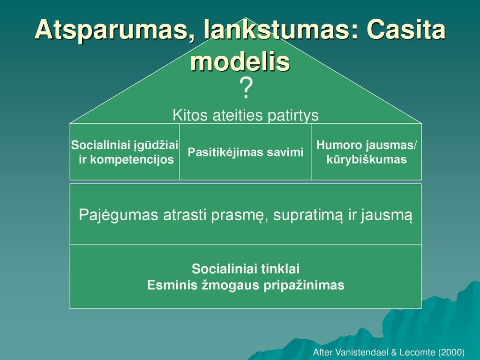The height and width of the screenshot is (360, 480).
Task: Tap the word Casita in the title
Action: tap(406, 30)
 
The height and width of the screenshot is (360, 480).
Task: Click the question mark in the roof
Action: tap(246, 88)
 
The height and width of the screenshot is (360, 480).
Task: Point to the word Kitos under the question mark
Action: tap(190, 115)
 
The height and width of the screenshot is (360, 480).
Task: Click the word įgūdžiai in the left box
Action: tap(156, 145)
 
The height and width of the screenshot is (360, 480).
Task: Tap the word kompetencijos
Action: tap(132, 159)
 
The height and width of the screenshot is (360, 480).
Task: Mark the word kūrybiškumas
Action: tap(367, 159)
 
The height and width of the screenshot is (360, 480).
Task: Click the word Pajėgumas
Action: tap(119, 215)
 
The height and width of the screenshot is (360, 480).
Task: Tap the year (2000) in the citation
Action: tap(451, 352)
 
